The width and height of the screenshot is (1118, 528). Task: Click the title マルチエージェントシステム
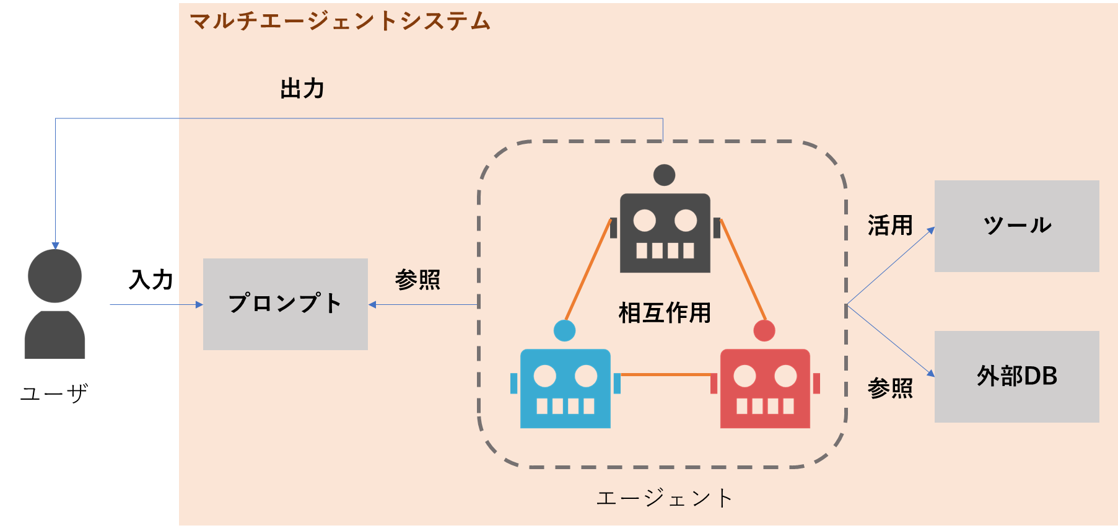tap(340, 22)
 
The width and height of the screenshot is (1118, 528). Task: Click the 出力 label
tap(302, 89)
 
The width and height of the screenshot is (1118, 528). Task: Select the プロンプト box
tap(286, 304)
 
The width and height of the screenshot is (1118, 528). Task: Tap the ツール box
tap(1016, 226)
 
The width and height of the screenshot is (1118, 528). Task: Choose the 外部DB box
tap(1016, 376)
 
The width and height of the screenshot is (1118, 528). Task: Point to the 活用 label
tap(890, 226)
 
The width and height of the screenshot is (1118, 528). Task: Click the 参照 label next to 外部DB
tap(890, 389)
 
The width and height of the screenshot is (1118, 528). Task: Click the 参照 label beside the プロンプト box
tap(417, 280)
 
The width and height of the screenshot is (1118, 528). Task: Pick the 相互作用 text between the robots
tap(665, 313)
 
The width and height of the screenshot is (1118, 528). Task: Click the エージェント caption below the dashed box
tap(665, 498)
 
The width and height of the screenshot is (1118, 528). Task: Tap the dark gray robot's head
tap(665, 233)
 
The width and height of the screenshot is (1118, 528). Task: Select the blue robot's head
tap(566, 389)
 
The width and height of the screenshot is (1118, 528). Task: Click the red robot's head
tap(765, 389)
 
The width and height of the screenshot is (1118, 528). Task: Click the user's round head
tap(55, 276)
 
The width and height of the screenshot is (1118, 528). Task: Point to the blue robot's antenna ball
tap(564, 330)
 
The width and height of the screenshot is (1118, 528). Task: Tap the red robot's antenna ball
tap(764, 330)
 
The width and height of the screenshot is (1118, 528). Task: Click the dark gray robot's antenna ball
tap(664, 175)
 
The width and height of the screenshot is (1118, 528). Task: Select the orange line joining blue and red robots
tap(666, 374)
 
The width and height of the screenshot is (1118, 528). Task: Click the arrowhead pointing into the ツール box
tap(930, 231)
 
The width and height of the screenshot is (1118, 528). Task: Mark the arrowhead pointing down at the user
tap(55, 246)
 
